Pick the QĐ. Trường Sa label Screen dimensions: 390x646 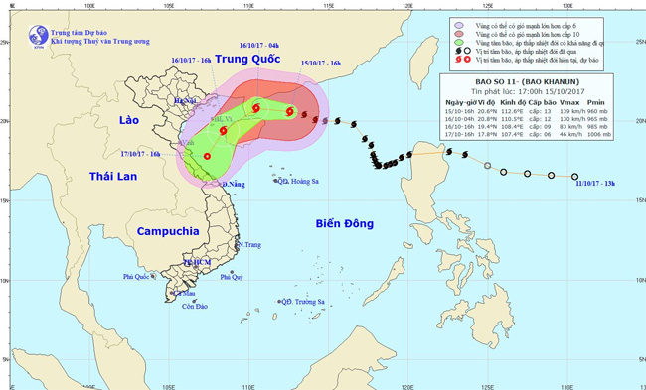click(x=303, y=302)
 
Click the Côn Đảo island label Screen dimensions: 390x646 click(x=180, y=307)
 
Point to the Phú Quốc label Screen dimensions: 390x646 click(x=140, y=277)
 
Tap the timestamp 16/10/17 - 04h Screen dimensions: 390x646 click(x=259, y=45)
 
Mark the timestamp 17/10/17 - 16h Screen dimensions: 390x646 click(x=141, y=154)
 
